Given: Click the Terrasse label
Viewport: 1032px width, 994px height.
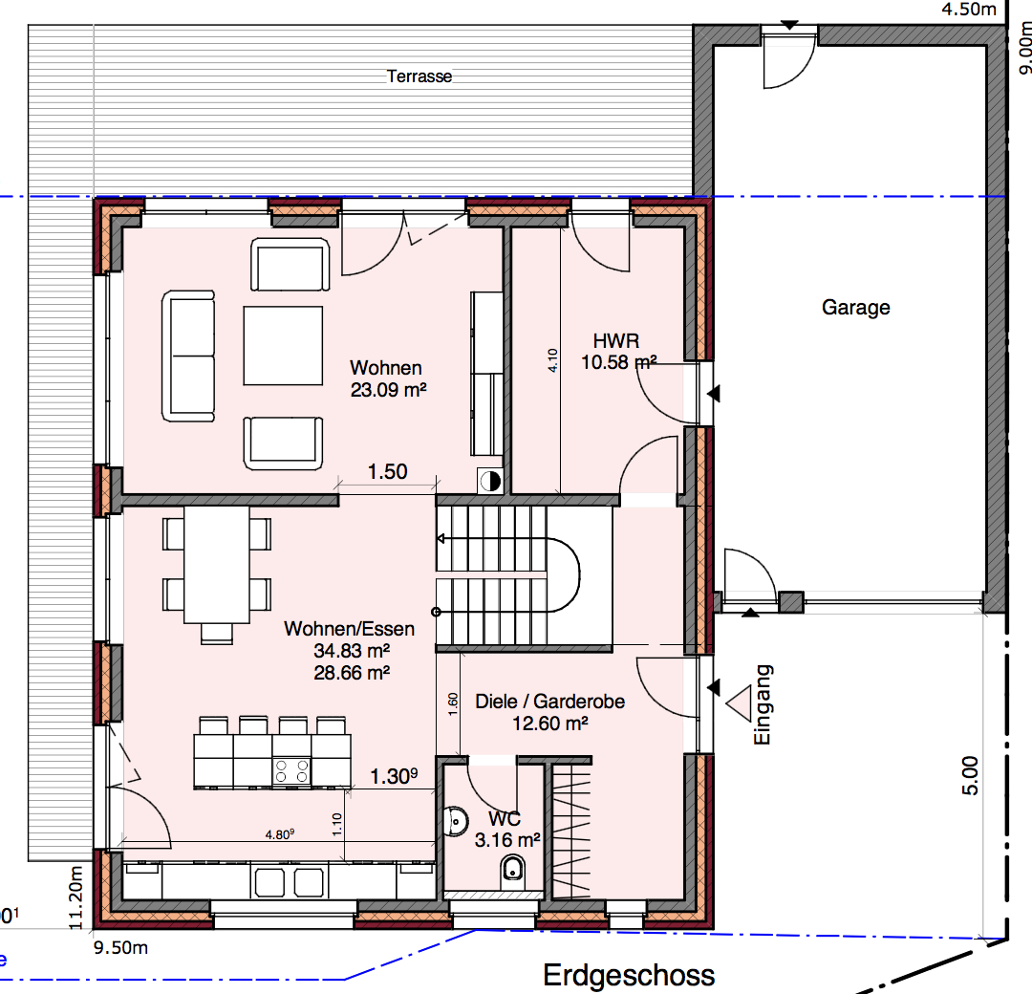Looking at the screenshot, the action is (419, 76).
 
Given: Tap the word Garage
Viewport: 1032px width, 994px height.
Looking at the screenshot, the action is (855, 308).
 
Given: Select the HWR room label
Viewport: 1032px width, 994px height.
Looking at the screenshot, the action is (616, 340).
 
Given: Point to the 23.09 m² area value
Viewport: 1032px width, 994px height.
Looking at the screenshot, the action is (388, 390).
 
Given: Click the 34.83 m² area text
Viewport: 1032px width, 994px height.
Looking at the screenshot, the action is (352, 650).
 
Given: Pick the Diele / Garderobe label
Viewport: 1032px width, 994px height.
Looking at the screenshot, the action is (549, 702).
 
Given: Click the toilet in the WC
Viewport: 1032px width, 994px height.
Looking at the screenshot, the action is (512, 871).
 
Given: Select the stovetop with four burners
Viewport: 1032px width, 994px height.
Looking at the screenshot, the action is (291, 771).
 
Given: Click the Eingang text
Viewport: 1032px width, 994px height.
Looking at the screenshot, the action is (762, 704).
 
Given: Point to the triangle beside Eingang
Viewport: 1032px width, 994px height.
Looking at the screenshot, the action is (739, 703).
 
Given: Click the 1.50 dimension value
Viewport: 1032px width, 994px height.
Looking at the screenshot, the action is (387, 471).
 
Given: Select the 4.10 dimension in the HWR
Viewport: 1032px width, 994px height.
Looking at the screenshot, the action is (552, 360).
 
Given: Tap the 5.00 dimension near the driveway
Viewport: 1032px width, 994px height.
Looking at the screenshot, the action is (970, 775).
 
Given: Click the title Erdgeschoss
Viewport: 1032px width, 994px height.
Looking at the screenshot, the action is (629, 975).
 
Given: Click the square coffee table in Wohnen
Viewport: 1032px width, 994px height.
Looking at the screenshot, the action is (283, 345).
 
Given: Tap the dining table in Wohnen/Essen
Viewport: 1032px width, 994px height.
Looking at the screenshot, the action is (217, 564).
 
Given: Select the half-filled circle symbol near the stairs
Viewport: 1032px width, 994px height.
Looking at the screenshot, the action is (489, 481).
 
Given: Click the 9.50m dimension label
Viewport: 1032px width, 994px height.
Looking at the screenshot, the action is (120, 947).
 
